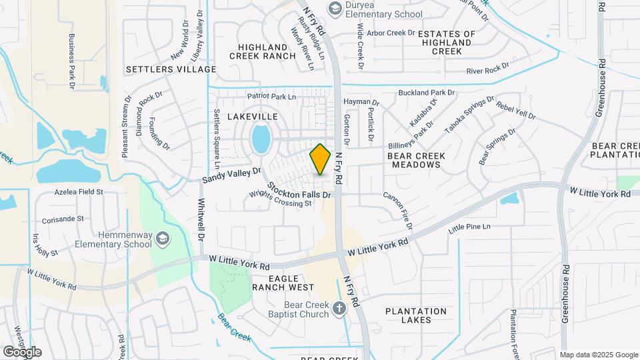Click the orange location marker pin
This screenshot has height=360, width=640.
(x=321, y=159)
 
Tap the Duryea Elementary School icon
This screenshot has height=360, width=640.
(x=334, y=8)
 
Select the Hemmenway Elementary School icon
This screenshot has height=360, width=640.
(x=162, y=238)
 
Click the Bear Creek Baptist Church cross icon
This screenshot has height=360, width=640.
(x=339, y=307)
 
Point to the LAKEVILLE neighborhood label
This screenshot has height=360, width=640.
(x=253, y=116)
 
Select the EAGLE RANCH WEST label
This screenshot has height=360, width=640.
(x=282, y=283)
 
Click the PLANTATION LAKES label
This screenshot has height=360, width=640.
(x=416, y=315)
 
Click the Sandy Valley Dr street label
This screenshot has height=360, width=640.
(x=231, y=175)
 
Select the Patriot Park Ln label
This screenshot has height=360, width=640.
(x=271, y=97)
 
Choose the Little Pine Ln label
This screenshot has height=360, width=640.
(x=469, y=227)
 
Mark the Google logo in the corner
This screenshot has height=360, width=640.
(x=21, y=351)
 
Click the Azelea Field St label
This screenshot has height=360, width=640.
(x=78, y=192)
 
